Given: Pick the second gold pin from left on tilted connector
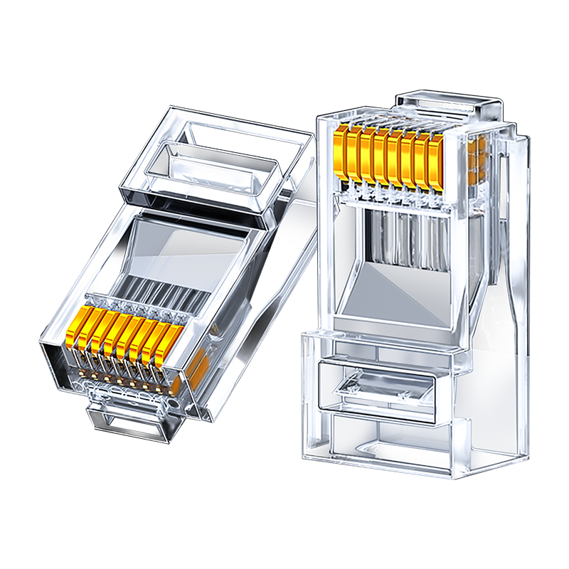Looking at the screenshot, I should coord(90,328).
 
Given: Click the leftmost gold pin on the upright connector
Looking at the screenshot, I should coord(341,153).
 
